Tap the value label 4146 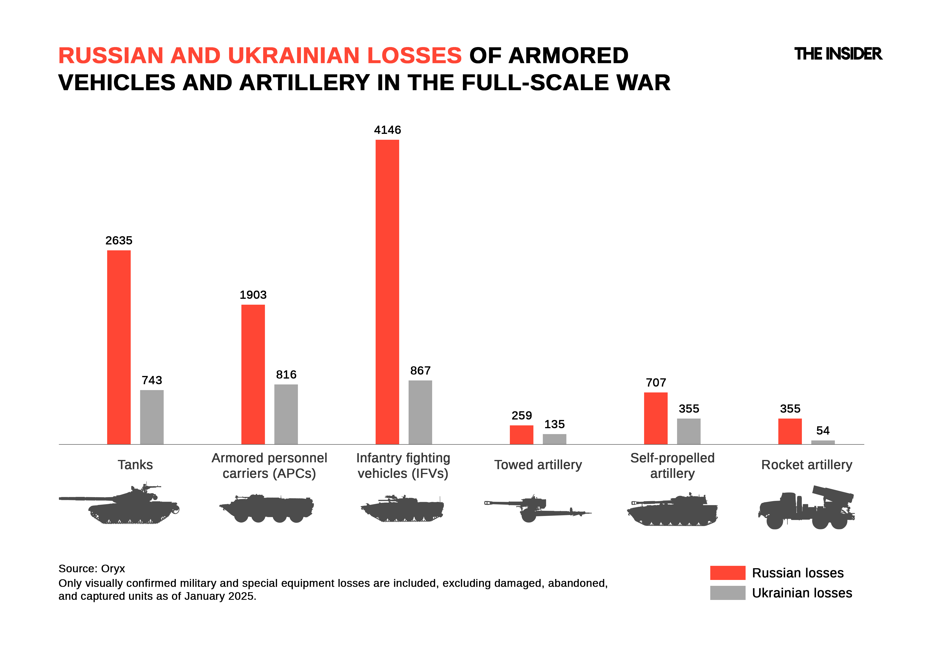tap(387, 130)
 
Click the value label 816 tap(286, 375)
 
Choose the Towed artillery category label tap(538, 465)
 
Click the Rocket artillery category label tap(807, 465)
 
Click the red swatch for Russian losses tap(727, 573)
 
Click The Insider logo tap(838, 54)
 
